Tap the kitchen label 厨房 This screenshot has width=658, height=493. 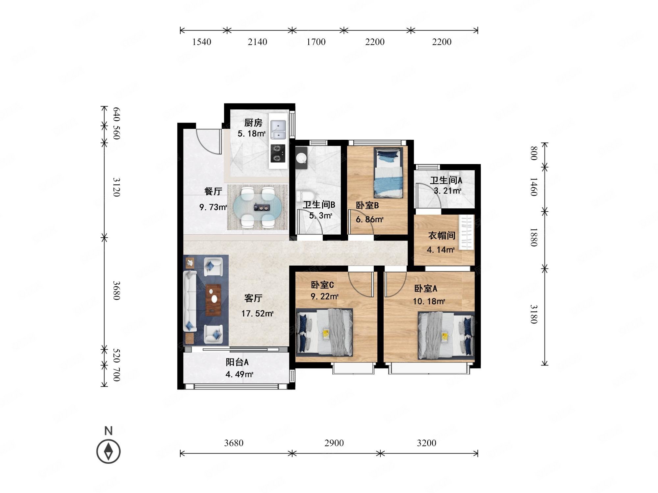click(253, 123)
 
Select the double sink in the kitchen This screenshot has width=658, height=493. click(278, 129)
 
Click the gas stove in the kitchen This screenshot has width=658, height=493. click(278, 153)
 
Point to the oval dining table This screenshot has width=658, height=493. click(258, 207)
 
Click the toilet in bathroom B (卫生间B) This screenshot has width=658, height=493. click(302, 197)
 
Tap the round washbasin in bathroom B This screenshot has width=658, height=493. click(301, 158)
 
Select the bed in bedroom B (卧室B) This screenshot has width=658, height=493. click(388, 173)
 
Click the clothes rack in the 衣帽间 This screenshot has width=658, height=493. click(467, 232)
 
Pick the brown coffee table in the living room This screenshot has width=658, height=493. click(213, 300)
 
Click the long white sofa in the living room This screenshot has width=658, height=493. click(190, 301)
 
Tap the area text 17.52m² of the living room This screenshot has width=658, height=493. click(257, 314)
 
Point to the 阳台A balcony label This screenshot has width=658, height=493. click(237, 362)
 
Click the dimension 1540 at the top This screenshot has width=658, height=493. click(202, 42)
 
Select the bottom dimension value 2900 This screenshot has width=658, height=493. click(334, 443)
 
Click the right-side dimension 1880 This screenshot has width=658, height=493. click(534, 237)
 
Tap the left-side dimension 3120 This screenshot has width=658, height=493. click(116, 187)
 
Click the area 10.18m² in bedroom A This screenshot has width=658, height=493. click(429, 301)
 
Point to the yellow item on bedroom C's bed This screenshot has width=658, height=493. click(326, 334)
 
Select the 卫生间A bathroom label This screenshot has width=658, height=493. click(446, 180)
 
